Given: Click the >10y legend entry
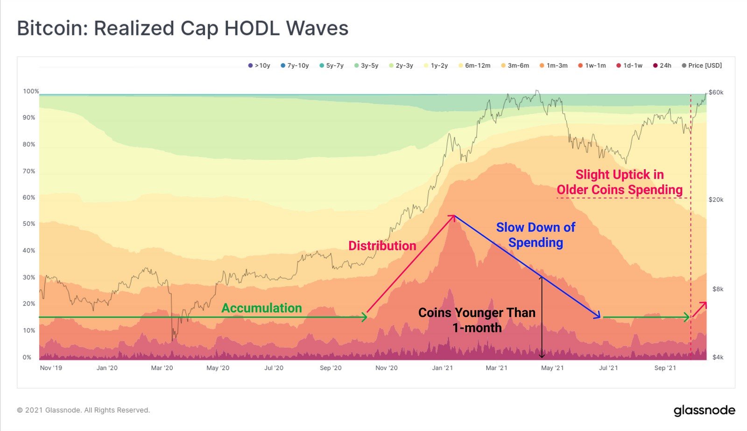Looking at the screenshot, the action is [x=259, y=65].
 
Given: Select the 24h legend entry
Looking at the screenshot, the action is [x=662, y=65].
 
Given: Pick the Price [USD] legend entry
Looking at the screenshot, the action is [x=702, y=65].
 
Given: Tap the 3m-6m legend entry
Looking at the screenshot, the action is [x=515, y=65].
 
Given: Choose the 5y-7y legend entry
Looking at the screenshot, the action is [x=331, y=65].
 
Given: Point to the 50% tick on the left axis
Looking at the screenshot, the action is [x=28, y=223].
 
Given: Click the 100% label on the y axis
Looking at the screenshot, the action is [x=31, y=91].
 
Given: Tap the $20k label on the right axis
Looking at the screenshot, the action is [x=716, y=200].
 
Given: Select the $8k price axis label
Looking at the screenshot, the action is [x=718, y=289].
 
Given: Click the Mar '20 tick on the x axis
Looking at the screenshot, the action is [x=162, y=368].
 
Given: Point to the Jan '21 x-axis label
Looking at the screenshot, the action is [x=443, y=368].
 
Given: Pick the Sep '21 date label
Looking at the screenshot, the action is [x=665, y=368].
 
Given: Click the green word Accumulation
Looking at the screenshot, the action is [x=261, y=308].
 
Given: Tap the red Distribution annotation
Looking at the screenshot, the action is [x=382, y=246].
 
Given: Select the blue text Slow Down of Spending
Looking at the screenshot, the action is [x=536, y=235].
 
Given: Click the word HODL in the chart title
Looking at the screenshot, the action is [x=252, y=28].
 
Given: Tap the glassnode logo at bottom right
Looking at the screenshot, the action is [x=705, y=410].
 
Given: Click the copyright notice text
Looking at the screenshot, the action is [x=84, y=410].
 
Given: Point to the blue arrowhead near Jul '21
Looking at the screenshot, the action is [x=597, y=315].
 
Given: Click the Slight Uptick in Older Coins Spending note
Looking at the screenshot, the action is [x=620, y=182].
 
